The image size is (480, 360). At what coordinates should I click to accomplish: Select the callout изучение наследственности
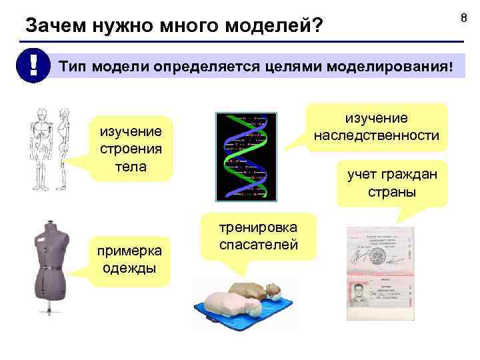tap(377, 127)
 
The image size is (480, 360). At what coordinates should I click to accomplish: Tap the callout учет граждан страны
tap(391, 184)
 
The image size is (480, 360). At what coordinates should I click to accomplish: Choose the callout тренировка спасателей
tap(257, 235)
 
